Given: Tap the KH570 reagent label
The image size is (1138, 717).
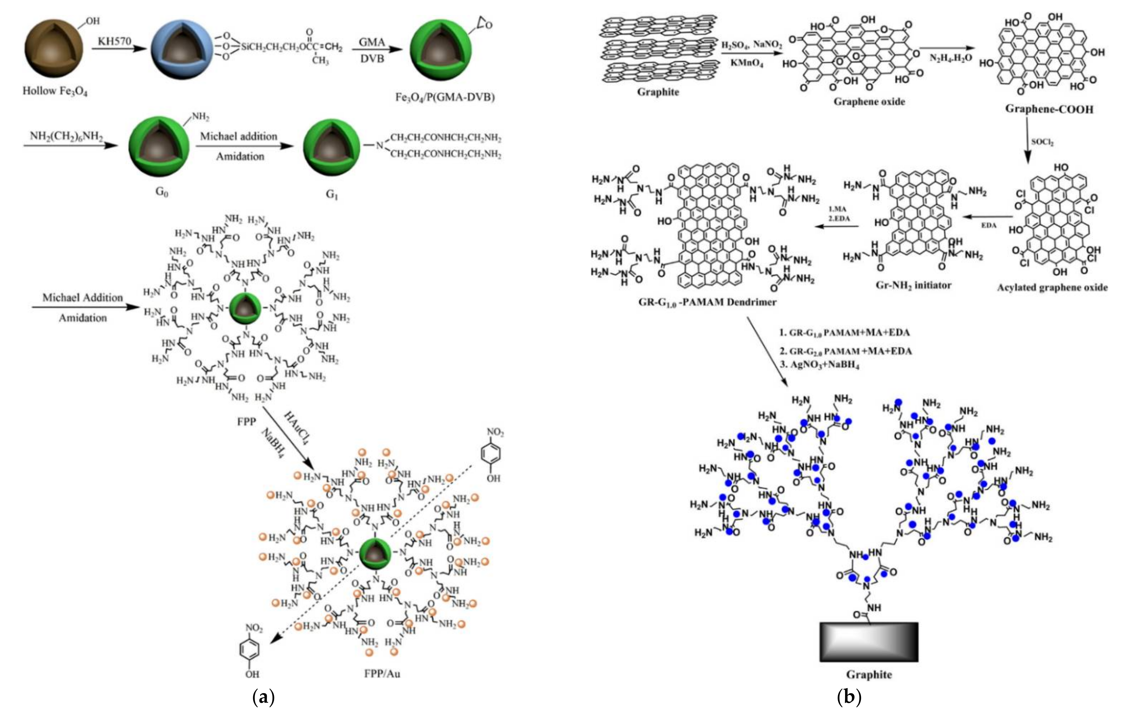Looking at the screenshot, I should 114,41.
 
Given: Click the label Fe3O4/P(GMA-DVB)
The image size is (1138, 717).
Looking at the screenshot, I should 445,97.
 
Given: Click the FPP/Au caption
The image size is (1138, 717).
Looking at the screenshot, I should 382,673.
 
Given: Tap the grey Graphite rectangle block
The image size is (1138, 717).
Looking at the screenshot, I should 869,641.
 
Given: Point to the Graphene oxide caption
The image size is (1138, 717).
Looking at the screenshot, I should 869,102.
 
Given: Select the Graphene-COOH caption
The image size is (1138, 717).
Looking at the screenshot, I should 1049,109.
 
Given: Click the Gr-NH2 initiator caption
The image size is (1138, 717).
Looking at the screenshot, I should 913,285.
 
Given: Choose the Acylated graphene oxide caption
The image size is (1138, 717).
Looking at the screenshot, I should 1052,287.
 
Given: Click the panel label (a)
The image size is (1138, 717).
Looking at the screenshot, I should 263,697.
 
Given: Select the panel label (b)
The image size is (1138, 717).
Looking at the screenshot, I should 849,697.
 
